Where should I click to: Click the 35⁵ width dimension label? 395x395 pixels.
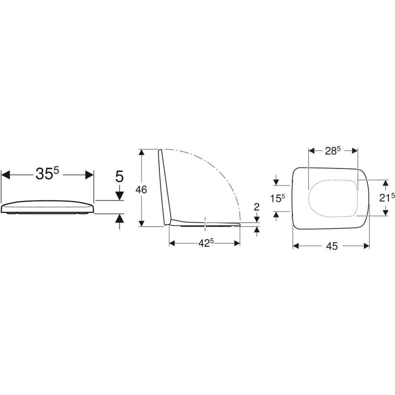(x=47, y=173)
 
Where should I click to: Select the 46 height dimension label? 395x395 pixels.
(x=141, y=190)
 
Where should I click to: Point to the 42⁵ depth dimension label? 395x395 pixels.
(x=206, y=243)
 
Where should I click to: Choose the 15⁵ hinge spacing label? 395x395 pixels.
(x=277, y=198)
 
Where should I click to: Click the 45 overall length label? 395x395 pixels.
(x=332, y=246)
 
